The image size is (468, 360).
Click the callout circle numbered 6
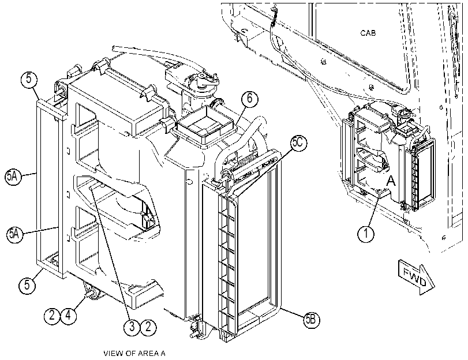click(250, 98)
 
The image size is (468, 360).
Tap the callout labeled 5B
click(311, 320)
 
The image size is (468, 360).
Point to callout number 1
click(366, 233)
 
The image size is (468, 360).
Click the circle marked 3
click(132, 327)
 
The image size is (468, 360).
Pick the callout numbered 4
click(69, 314)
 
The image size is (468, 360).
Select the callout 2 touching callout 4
click(53, 314)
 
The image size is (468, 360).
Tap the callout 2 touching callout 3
click(148, 327)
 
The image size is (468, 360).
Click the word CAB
click(368, 33)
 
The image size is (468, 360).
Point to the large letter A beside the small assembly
click(391, 181)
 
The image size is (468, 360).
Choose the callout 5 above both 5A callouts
click(29, 79)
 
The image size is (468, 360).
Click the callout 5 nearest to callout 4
click(27, 284)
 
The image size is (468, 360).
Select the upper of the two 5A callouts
click(13, 177)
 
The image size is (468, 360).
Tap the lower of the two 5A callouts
click(14, 234)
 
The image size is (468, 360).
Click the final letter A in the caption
click(162, 354)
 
